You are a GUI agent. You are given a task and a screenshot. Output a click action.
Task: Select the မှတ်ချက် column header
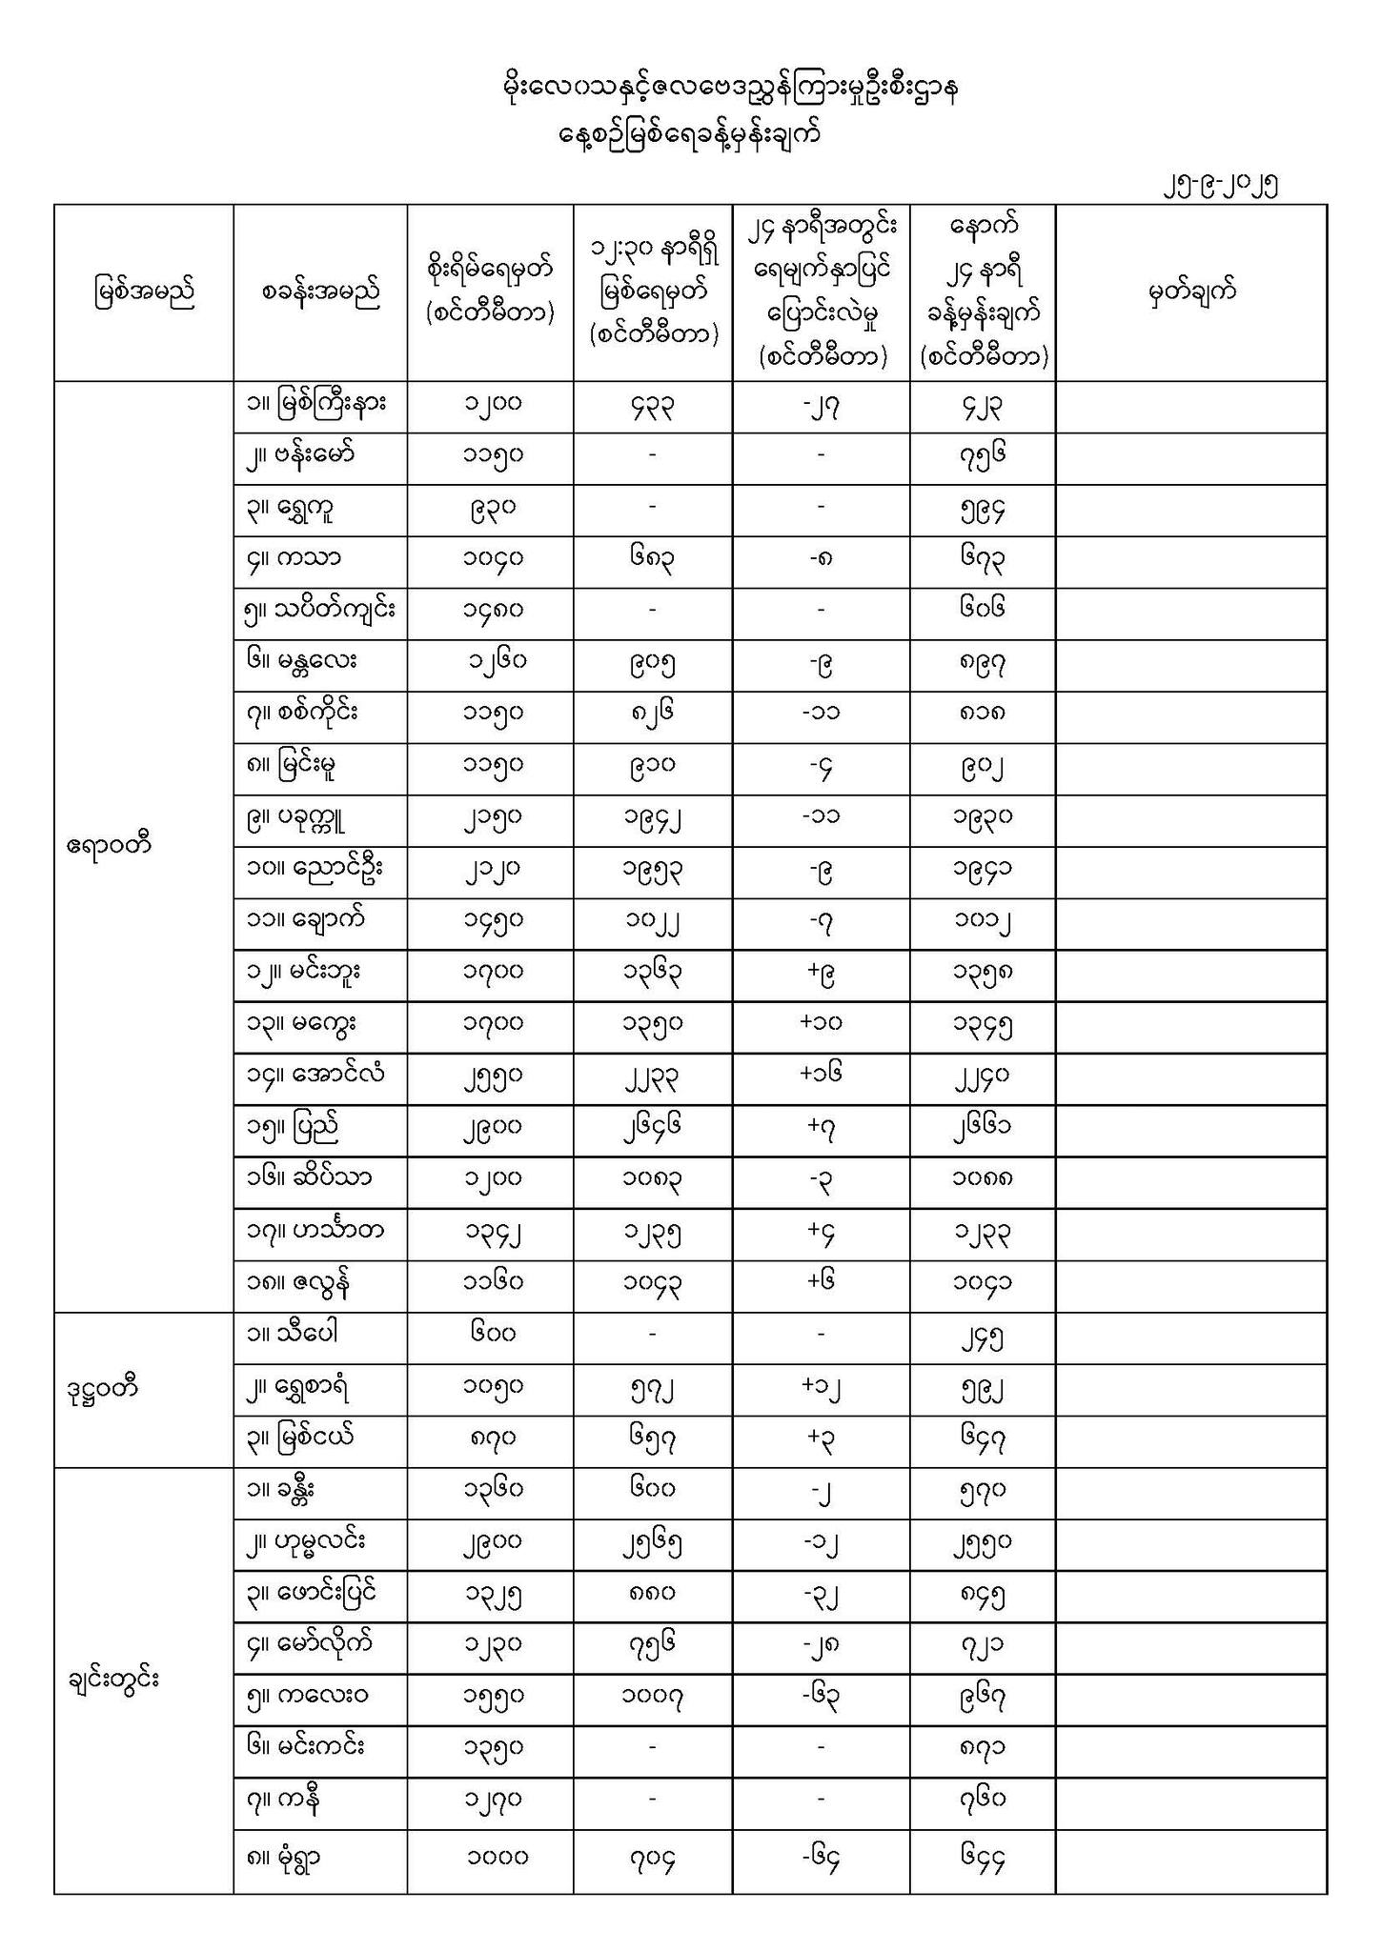1191,292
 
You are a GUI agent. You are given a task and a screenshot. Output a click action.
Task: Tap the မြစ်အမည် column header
144,292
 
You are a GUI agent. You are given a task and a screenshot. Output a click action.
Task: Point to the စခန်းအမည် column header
320,292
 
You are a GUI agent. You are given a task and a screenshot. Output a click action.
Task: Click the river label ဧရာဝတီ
110,845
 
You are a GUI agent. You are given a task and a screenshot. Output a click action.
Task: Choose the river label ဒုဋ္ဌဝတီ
103,1388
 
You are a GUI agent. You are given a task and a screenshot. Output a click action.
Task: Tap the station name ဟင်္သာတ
315,1229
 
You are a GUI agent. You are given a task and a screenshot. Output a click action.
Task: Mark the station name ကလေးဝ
307,1696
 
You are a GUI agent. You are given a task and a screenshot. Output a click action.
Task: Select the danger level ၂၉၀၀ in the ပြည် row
491,1126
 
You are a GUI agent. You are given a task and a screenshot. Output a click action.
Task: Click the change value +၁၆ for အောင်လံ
821,1074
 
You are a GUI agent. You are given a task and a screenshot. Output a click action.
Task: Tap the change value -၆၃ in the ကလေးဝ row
821,1696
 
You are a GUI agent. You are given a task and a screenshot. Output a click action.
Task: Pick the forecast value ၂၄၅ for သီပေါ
983,1338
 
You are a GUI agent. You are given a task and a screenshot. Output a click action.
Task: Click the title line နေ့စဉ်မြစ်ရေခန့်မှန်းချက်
689,135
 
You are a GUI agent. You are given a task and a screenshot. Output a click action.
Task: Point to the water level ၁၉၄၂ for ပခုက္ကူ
653,817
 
